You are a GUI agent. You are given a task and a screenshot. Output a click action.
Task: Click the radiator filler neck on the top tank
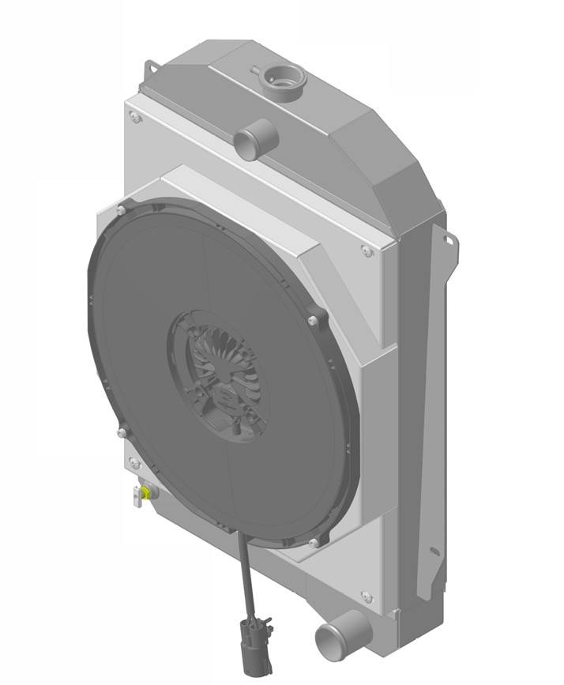(284, 80)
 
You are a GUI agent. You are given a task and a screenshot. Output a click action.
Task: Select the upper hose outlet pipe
(253, 143)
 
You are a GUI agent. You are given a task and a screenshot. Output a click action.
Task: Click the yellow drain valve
(139, 495)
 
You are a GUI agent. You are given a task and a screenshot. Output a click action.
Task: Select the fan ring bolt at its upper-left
(120, 210)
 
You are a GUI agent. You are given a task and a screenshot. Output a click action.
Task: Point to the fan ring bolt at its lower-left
(121, 431)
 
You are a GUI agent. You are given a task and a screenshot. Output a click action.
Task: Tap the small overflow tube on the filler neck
(258, 71)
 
